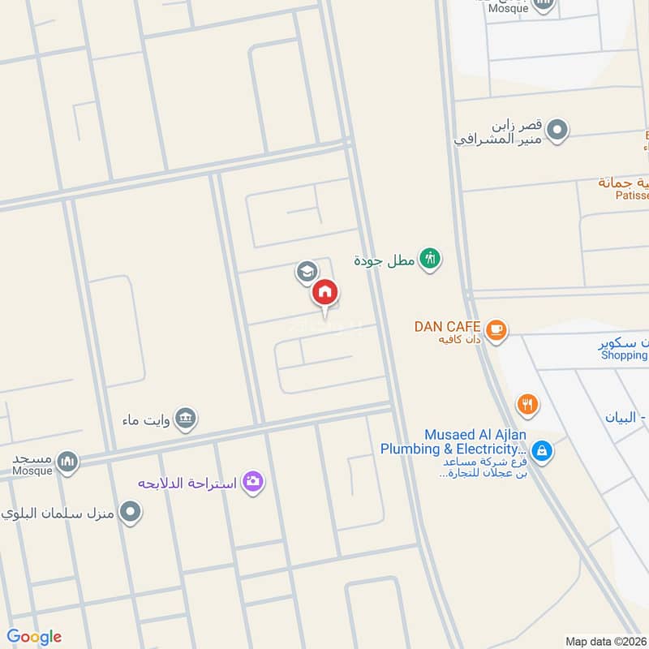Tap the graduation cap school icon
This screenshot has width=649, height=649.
pos(306,271)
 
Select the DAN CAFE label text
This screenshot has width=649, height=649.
pos(449,326)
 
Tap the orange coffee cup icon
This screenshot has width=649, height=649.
pos(496,329)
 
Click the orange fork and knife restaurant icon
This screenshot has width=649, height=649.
pos(527,403)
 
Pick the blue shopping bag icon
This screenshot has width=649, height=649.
pos(542,450)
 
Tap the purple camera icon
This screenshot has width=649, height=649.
pos(253,483)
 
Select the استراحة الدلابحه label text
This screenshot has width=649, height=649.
pos(187,484)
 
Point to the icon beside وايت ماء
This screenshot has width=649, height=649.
pos(187,419)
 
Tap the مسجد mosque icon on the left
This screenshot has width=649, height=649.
pos(68,462)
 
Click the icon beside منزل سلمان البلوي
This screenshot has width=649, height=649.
pos(130,512)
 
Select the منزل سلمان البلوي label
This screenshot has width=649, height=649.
pos(57,513)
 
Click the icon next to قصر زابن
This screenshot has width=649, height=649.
pos(557,130)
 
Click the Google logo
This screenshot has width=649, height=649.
pos(34,637)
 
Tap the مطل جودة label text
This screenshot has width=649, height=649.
pos(385,260)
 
